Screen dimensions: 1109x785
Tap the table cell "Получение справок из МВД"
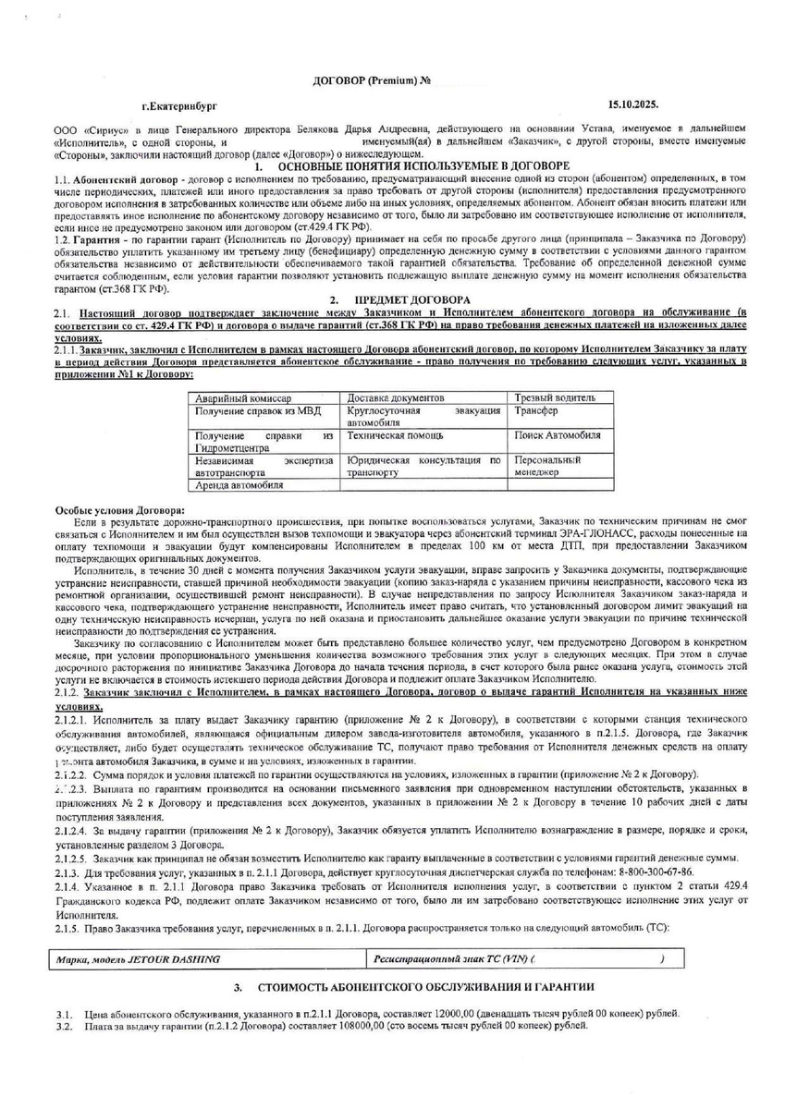[248, 409]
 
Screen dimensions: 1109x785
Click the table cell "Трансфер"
[536, 409]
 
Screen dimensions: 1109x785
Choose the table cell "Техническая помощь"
[395, 434]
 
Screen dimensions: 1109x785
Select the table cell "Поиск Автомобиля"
[558, 434]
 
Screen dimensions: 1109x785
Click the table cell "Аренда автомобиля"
[239, 483]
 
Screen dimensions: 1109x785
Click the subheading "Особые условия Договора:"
[120, 509]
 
